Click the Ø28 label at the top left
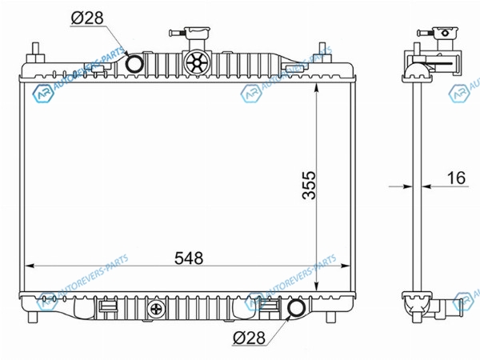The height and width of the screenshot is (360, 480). (87, 18)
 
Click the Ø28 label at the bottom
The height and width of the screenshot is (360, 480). (249, 338)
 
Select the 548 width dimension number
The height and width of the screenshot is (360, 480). (189, 258)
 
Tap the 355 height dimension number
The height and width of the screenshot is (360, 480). (309, 185)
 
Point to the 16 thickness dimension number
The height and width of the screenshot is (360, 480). (456, 178)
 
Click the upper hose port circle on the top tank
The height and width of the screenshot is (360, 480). (134, 64)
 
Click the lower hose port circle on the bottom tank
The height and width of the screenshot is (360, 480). (297, 308)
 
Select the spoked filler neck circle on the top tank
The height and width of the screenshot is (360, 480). (197, 62)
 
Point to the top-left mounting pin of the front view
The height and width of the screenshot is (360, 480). (35, 53)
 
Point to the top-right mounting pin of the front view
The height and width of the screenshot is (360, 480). (322, 52)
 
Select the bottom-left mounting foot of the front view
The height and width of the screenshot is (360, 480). (33, 317)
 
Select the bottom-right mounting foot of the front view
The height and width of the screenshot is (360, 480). (330, 317)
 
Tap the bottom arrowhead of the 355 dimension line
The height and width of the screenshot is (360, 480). (316, 286)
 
